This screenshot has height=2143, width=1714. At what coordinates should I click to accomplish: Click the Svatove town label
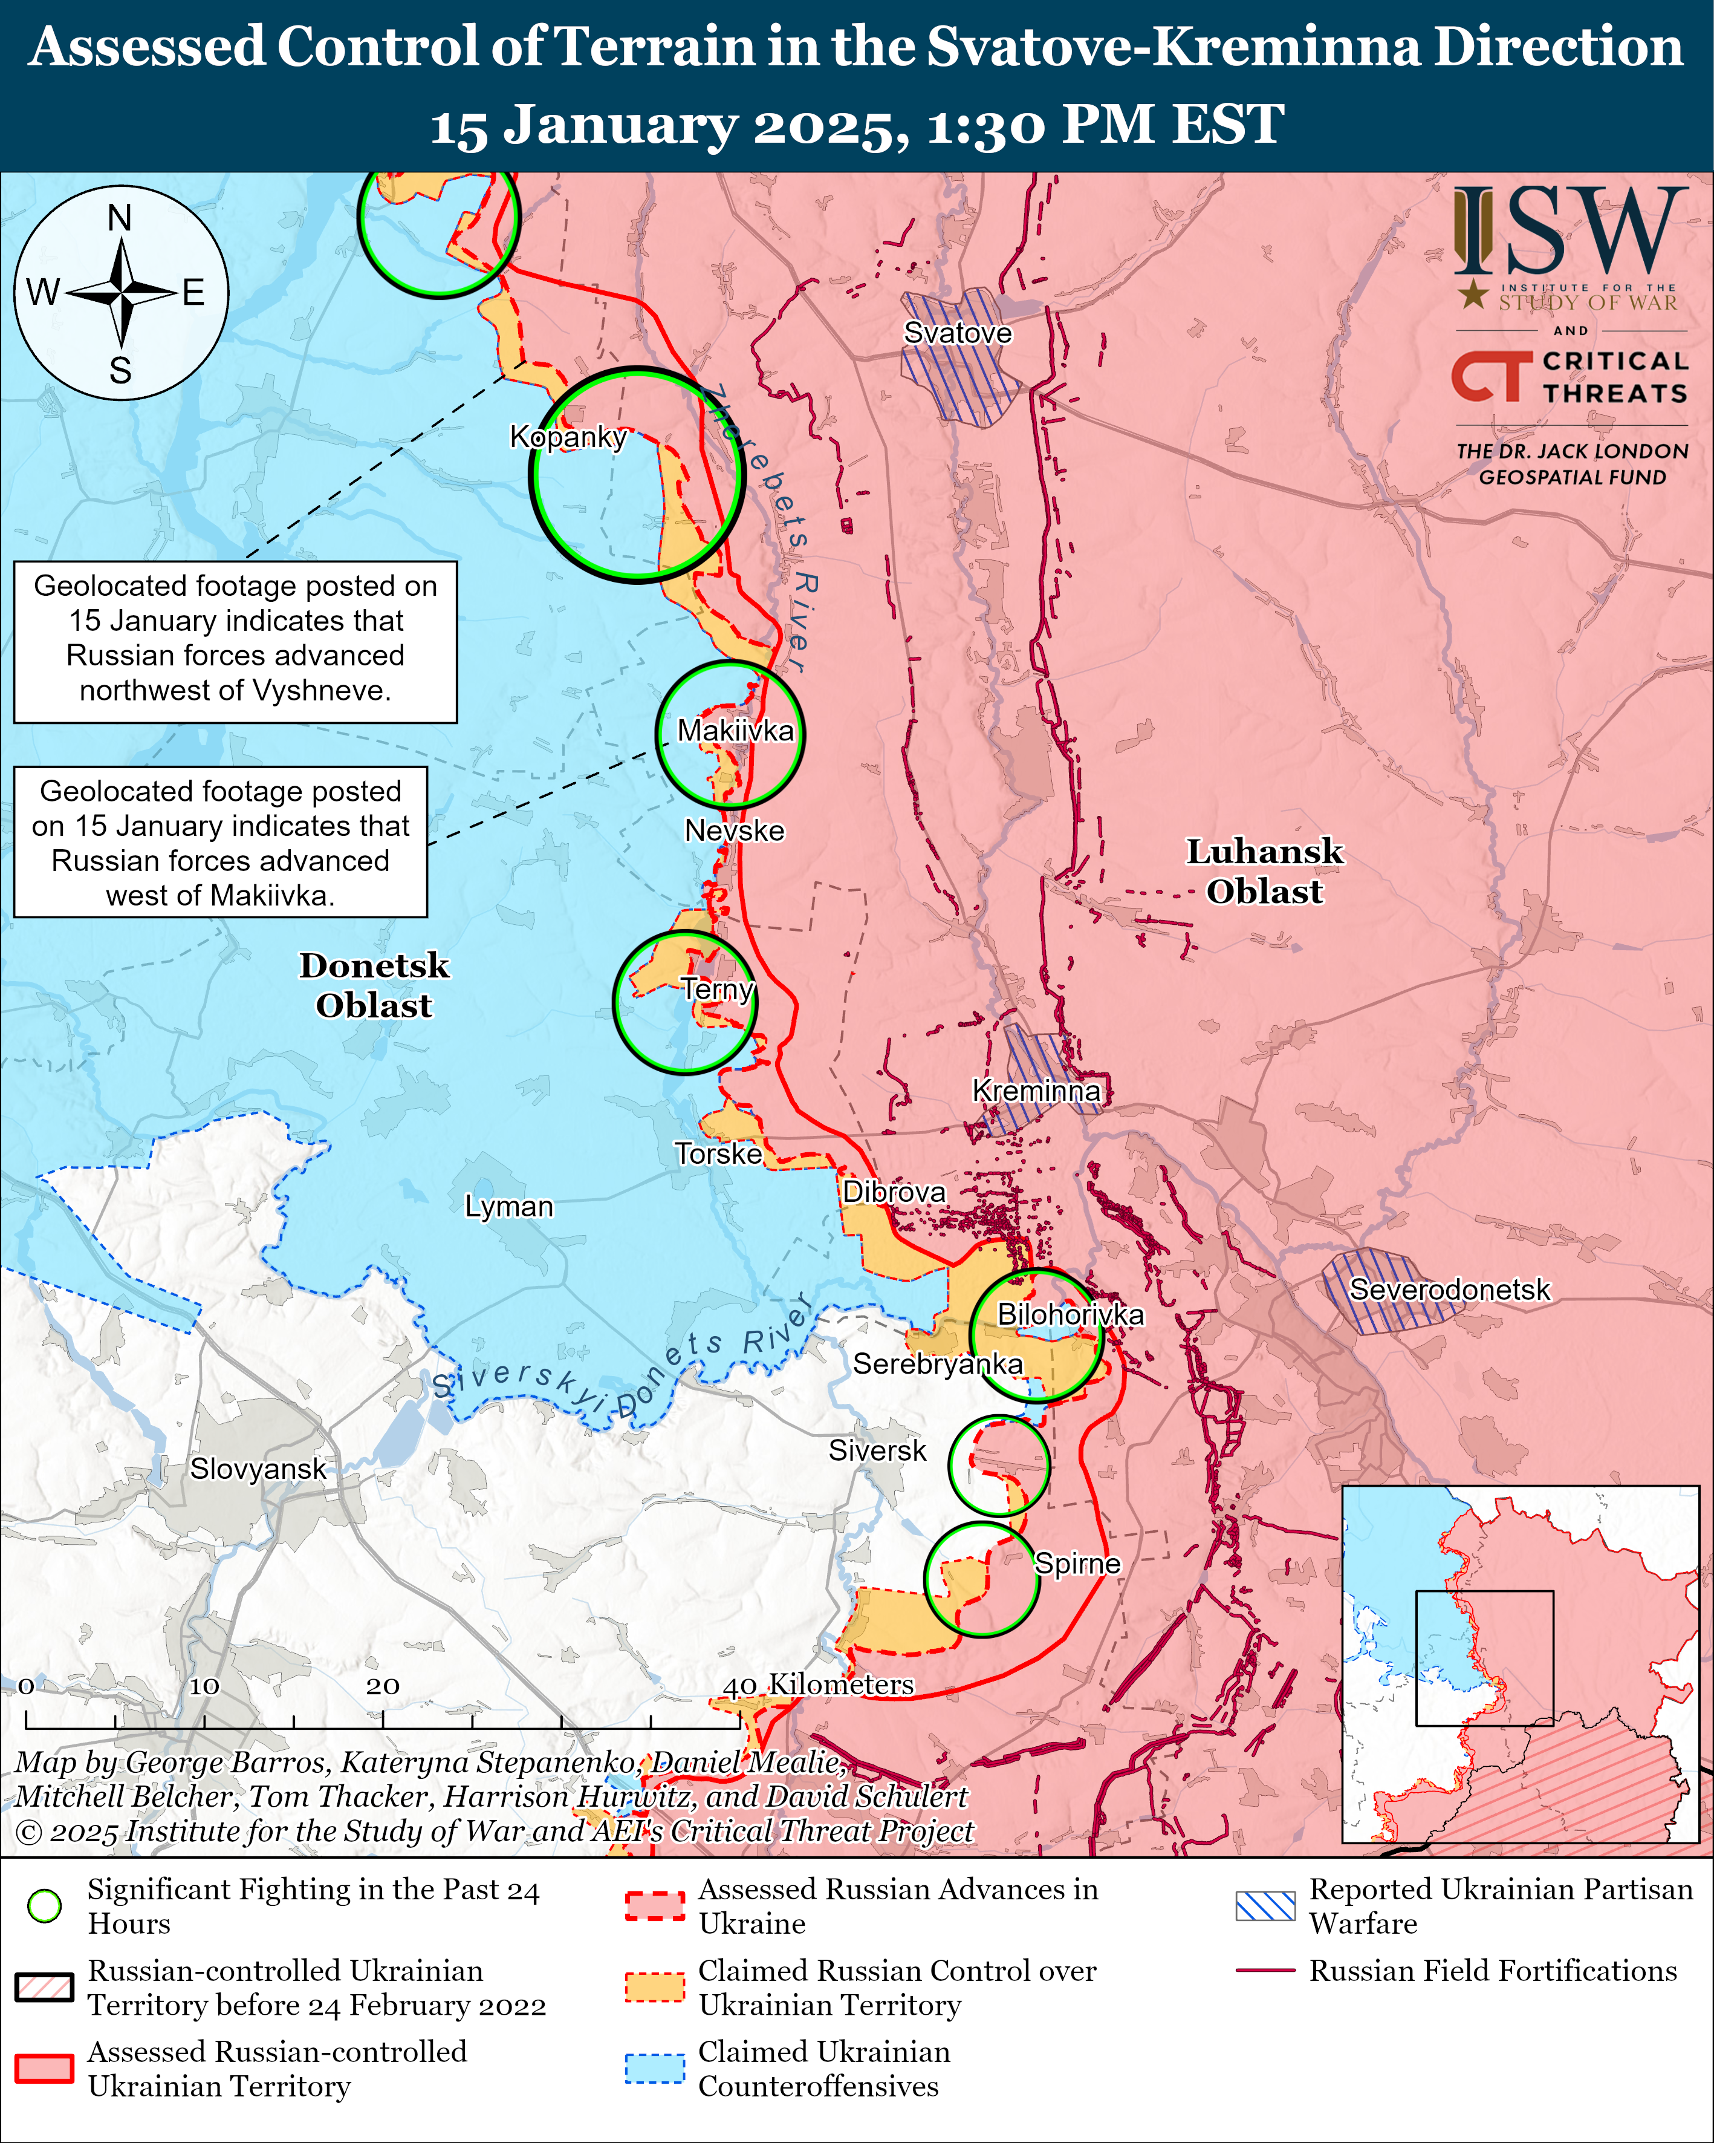point(957,333)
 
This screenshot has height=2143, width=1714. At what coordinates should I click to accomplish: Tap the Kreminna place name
point(1036,1091)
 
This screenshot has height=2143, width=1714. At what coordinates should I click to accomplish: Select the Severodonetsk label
point(1449,1290)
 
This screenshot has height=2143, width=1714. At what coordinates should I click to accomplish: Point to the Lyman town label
point(508,1207)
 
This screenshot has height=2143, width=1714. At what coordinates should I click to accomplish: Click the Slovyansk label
point(258,1469)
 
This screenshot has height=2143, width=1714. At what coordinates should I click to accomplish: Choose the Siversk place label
point(877,1450)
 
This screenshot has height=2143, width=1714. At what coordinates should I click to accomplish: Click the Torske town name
point(718,1154)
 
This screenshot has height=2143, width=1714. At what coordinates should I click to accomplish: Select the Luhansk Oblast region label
point(1264,872)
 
